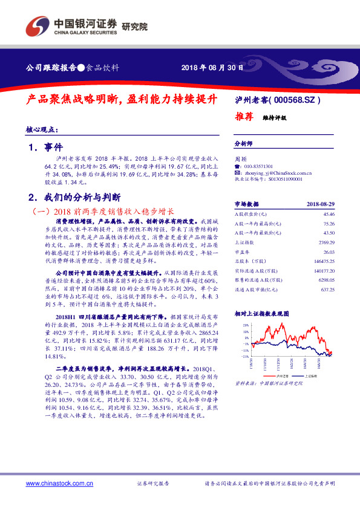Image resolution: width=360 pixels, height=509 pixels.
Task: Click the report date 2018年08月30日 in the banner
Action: pyautogui.click(x=212, y=68)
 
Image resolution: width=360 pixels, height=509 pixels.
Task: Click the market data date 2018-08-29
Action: pyautogui.click(x=321, y=204)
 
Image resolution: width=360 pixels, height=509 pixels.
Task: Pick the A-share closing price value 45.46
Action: pyautogui.click(x=329, y=214)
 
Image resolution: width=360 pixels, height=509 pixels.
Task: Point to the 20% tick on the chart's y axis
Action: pyautogui.click(x=246, y=325)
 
